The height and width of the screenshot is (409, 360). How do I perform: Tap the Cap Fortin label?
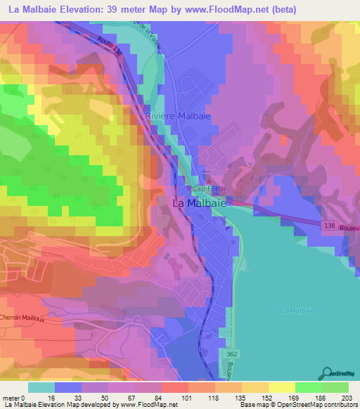[x=210, y=190]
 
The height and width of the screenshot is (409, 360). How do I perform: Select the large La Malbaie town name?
[x=199, y=203]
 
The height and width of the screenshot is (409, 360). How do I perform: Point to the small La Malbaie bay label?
[x=297, y=310]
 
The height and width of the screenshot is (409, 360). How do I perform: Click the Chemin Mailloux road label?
[x=22, y=318]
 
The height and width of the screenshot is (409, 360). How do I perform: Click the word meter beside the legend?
[x=11, y=397]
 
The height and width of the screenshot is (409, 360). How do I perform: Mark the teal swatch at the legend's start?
[x=41, y=387]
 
